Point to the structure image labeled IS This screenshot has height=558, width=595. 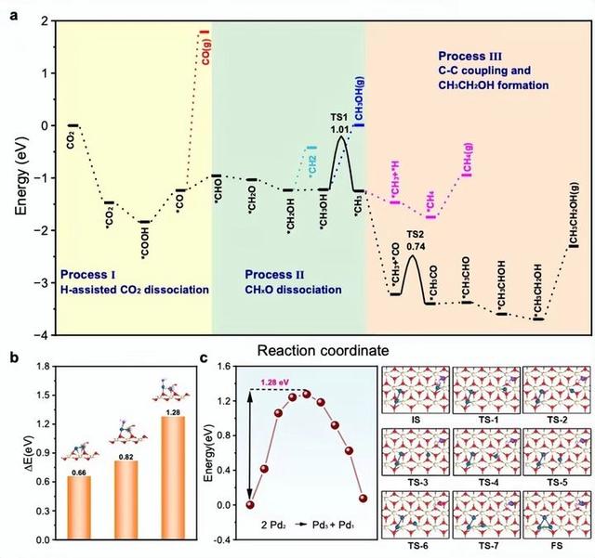416,391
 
